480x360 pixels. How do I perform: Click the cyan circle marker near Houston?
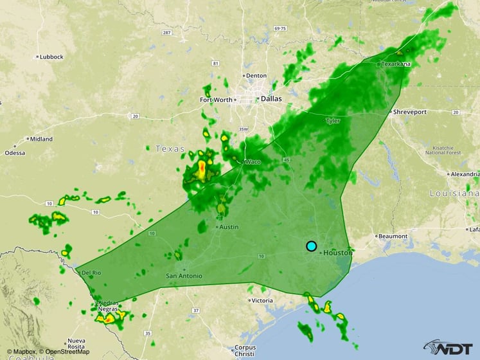click(312, 246)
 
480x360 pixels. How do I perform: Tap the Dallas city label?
click(270, 98)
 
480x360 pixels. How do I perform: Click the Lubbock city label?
click(51, 57)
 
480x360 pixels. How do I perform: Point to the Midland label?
click(42, 138)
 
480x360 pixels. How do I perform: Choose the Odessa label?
click(14, 152)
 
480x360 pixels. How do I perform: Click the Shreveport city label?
click(410, 111)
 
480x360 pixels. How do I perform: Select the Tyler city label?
click(333, 120)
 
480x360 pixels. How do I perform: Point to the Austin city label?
click(229, 227)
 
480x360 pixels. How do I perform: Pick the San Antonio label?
click(184, 276)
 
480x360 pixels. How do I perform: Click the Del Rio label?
click(92, 273)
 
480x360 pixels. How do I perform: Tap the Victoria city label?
click(262, 300)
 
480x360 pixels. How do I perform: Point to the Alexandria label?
click(465, 174)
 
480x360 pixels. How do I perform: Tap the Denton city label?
click(256, 75)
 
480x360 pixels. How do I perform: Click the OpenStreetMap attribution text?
click(64, 352)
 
